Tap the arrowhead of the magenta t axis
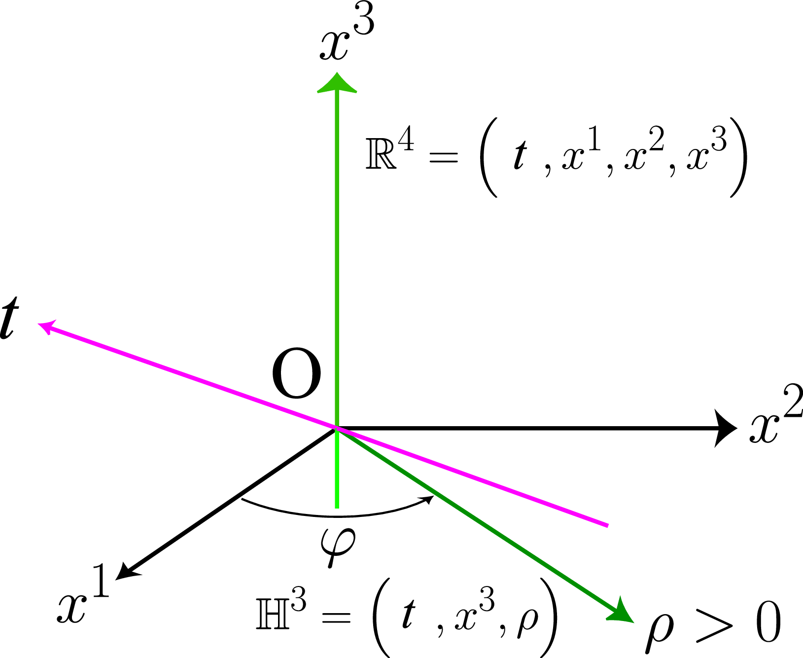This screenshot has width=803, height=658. [45, 327]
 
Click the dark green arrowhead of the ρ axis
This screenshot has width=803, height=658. [622, 611]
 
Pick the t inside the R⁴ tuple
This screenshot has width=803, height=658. [519, 154]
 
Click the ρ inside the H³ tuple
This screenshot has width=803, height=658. [527, 620]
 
